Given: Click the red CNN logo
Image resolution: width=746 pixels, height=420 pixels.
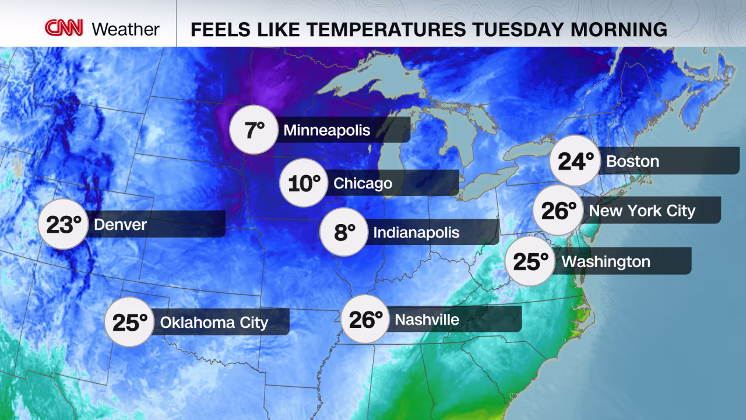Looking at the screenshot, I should click(x=64, y=27).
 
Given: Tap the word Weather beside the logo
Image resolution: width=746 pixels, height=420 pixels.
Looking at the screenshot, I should click(x=125, y=29).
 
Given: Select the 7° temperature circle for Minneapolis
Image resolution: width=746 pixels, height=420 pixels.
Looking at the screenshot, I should click(x=254, y=129).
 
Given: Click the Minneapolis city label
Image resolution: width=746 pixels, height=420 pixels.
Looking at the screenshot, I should click(x=326, y=129).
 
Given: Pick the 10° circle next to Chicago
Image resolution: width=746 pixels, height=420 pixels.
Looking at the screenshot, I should click(x=304, y=183).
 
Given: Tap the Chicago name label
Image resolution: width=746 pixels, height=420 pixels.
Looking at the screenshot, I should click(x=363, y=183).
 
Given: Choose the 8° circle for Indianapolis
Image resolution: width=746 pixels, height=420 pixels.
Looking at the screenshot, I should click(x=344, y=232).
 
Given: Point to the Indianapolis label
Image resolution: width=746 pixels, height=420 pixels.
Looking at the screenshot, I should click(x=416, y=233).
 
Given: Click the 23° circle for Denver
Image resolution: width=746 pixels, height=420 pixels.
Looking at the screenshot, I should click(x=62, y=224).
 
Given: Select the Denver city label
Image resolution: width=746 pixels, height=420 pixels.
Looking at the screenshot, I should click(x=120, y=224).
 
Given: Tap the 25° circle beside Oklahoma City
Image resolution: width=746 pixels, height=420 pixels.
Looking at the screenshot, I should click(x=129, y=322).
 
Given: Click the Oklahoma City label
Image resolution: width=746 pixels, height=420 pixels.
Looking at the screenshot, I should click(x=214, y=322).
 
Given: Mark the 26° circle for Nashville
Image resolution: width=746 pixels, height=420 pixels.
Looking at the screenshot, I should click(x=365, y=319).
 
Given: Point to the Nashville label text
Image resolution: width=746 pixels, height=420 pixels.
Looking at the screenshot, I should click(x=427, y=319).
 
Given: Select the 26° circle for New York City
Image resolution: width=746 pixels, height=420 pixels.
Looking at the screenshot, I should click(x=558, y=210).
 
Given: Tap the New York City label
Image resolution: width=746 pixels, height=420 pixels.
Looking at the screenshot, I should click(x=642, y=210).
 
